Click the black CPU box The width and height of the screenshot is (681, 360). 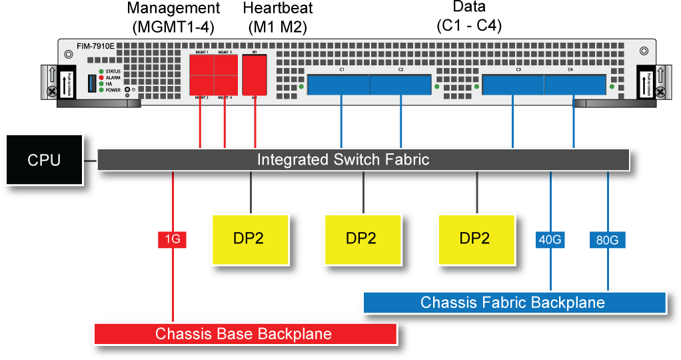point(44,160)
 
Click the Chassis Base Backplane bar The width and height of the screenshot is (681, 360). point(245,333)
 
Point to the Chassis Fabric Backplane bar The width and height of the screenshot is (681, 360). point(514,302)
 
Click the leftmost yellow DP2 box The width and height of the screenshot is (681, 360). point(250,239)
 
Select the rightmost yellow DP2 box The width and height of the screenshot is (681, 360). point(476,239)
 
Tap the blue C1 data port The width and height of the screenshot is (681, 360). point(339,85)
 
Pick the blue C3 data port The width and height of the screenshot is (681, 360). point(514,85)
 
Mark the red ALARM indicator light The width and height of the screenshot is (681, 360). point(101,78)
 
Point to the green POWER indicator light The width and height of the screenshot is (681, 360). point(101,90)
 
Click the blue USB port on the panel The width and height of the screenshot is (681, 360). point(92,83)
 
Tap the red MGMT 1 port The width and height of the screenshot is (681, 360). point(202,65)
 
